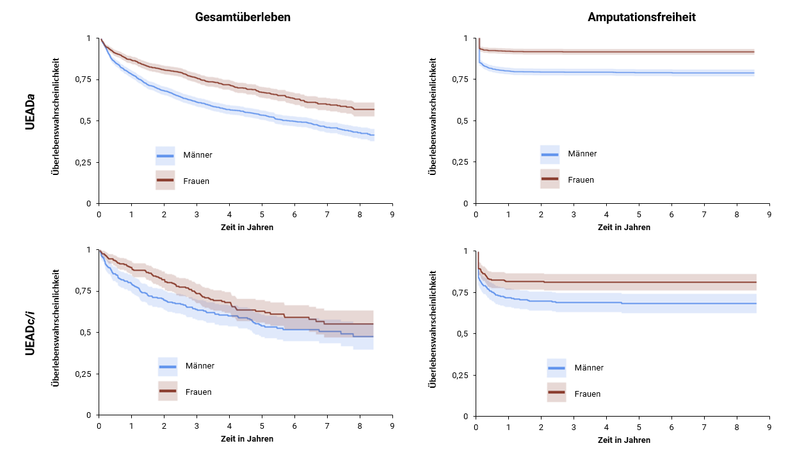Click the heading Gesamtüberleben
[243, 17]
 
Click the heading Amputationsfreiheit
[641, 17]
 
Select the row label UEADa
[30, 112]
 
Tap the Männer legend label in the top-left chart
[198, 155]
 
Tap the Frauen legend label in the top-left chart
[197, 181]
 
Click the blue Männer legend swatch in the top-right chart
[550, 154]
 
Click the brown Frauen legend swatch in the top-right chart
[550, 179]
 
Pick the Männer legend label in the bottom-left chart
[200, 366]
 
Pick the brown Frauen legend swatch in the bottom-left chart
[168, 391]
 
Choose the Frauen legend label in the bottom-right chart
[588, 394]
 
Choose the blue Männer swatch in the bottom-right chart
[557, 368]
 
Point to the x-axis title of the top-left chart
[247, 228]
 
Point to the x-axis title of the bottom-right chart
[624, 440]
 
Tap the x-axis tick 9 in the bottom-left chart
[392, 426]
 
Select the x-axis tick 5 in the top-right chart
[639, 215]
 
